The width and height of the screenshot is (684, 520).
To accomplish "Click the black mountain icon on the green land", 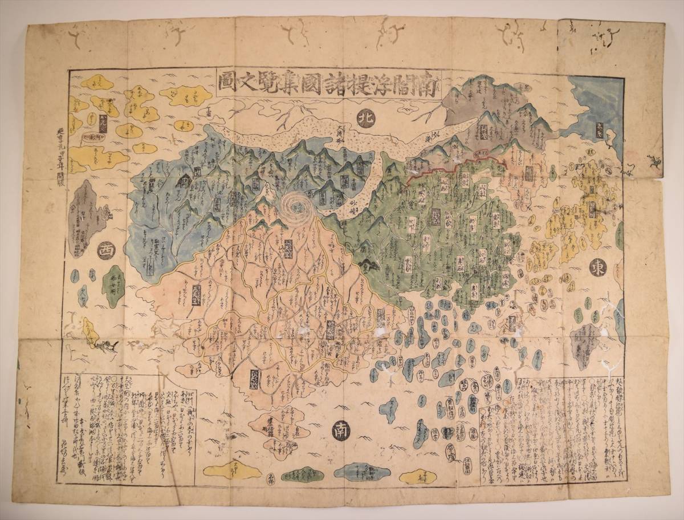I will click(x=369, y=264).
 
